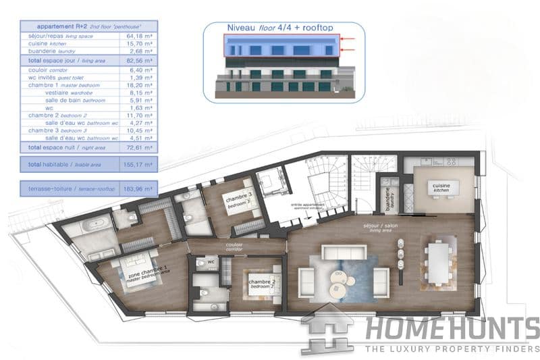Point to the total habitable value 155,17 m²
(138, 164)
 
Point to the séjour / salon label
(379, 227)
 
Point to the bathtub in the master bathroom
(90, 225)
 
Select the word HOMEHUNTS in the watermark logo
(452, 330)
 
